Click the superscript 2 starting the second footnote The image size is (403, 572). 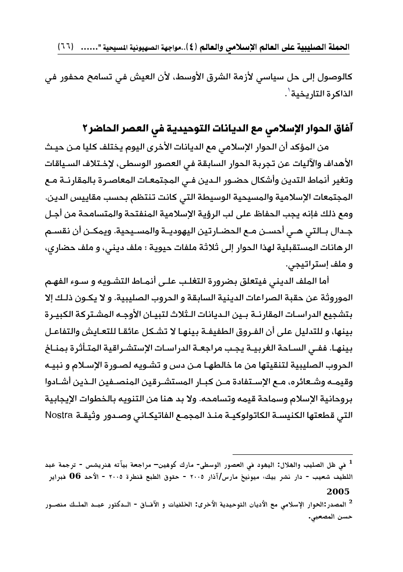click(x=350, y=502)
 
